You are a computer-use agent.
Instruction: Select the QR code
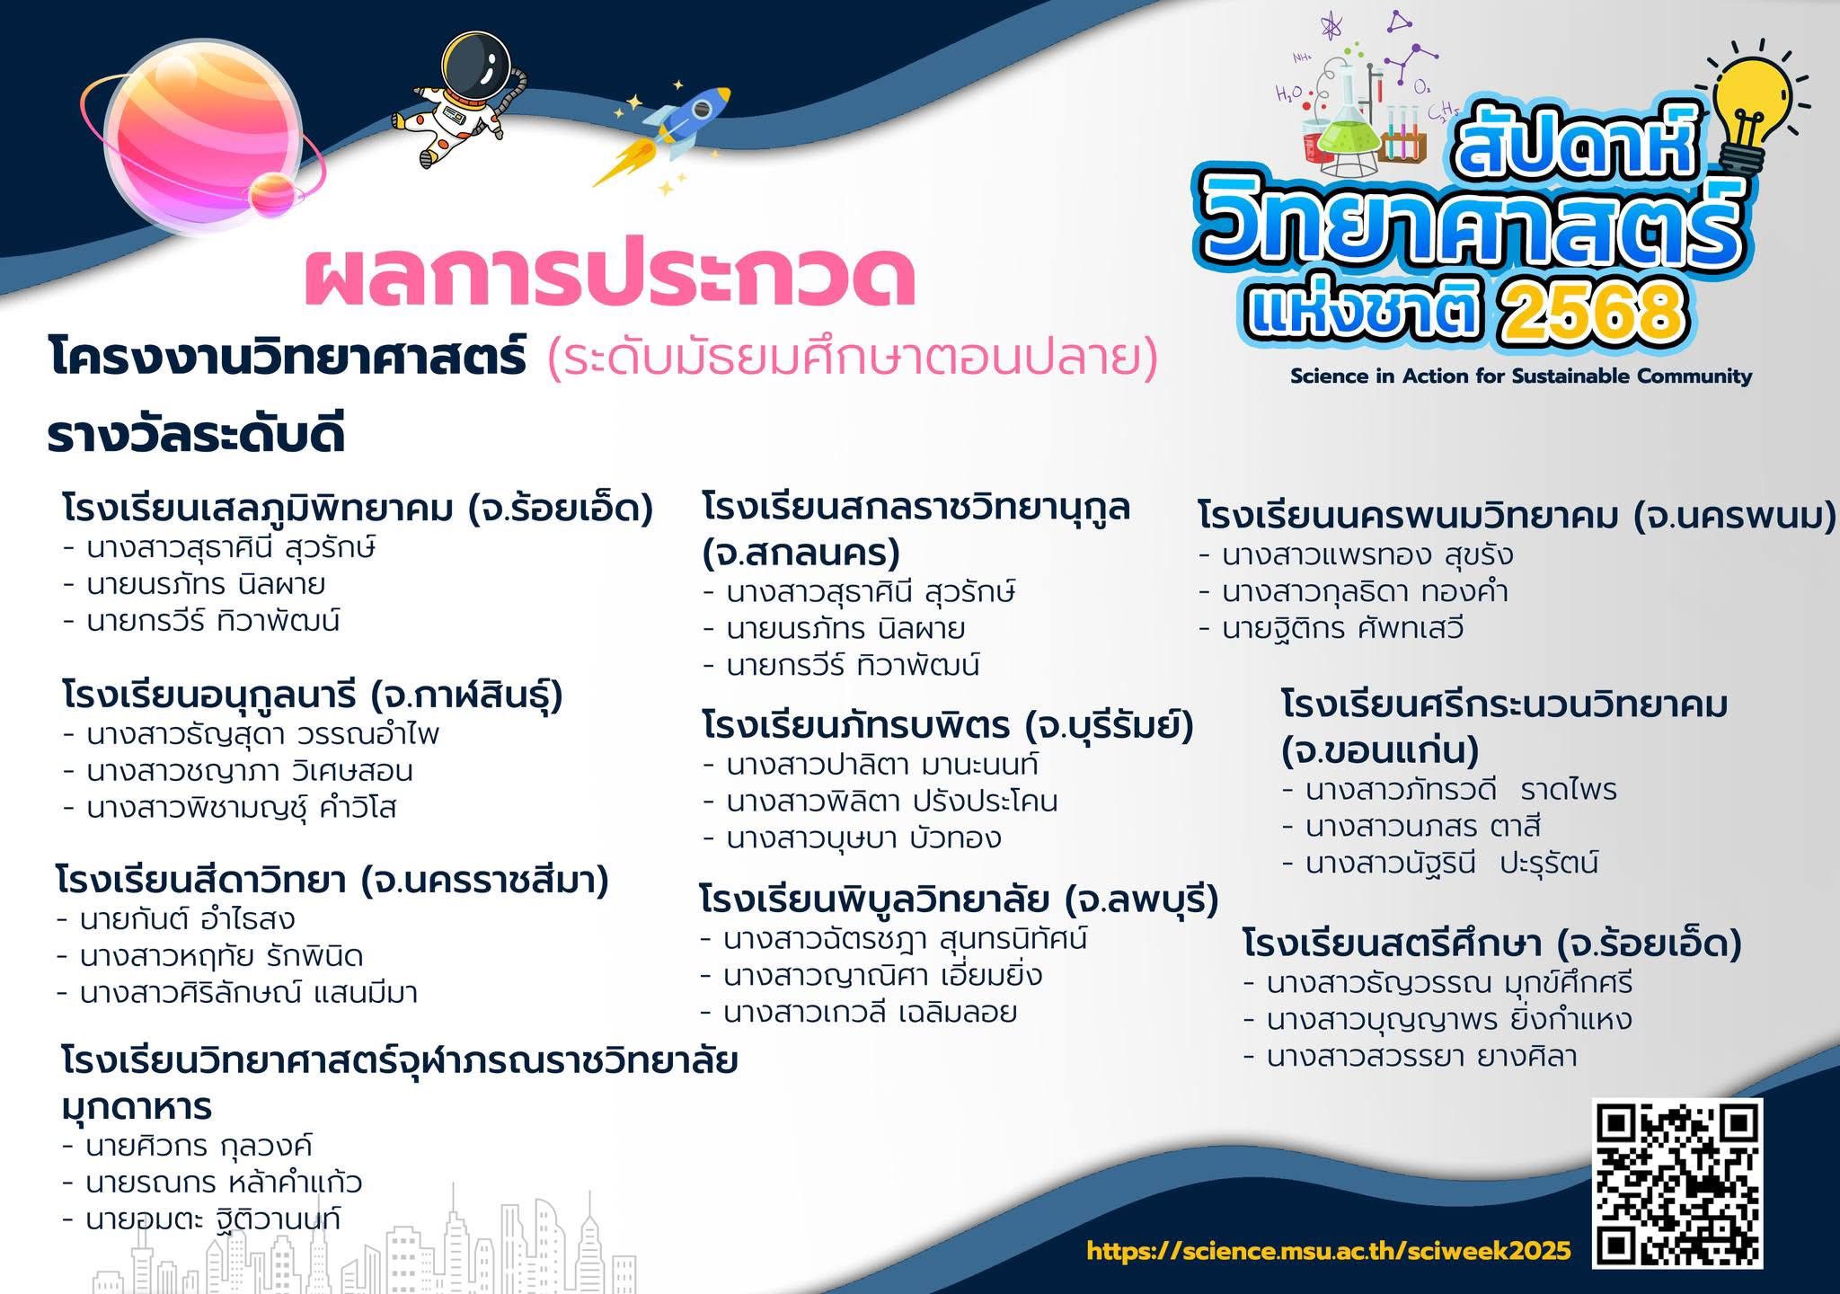[x=1677, y=1182]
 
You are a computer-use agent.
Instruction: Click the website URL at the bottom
[x=1329, y=1250]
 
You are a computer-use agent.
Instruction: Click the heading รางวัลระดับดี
[x=196, y=435]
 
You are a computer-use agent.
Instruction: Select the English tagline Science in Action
[x=1521, y=376]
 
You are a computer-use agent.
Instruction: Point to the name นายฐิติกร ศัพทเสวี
[x=1342, y=628]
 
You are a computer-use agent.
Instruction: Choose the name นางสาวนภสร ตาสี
[x=1423, y=826]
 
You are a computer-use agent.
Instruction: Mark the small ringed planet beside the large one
[x=272, y=195]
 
